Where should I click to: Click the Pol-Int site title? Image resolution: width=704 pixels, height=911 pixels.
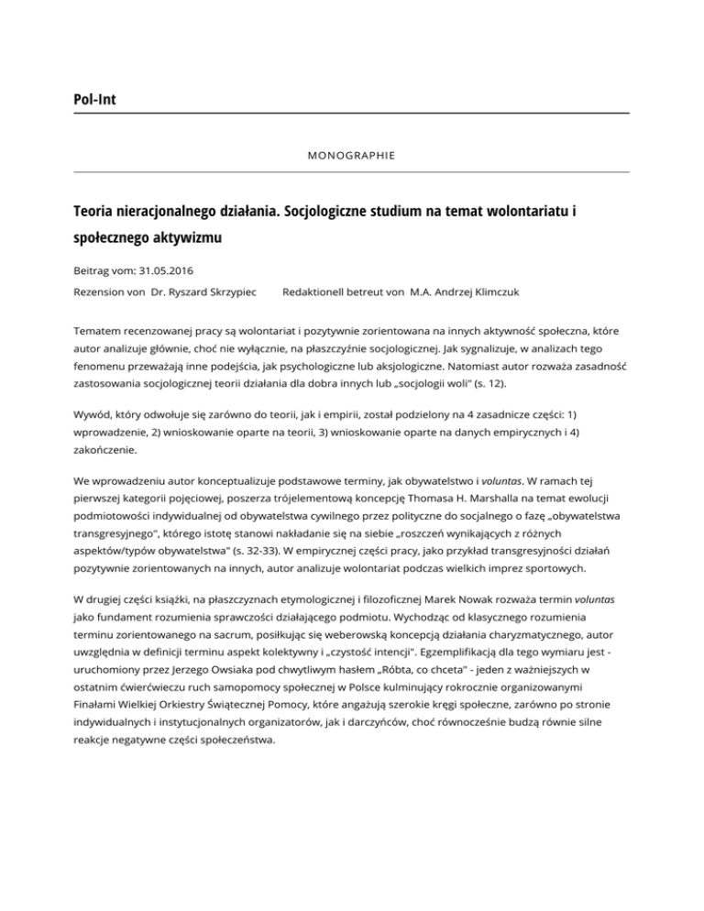[x=99, y=98]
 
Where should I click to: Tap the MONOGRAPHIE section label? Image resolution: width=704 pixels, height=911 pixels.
[x=351, y=156]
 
